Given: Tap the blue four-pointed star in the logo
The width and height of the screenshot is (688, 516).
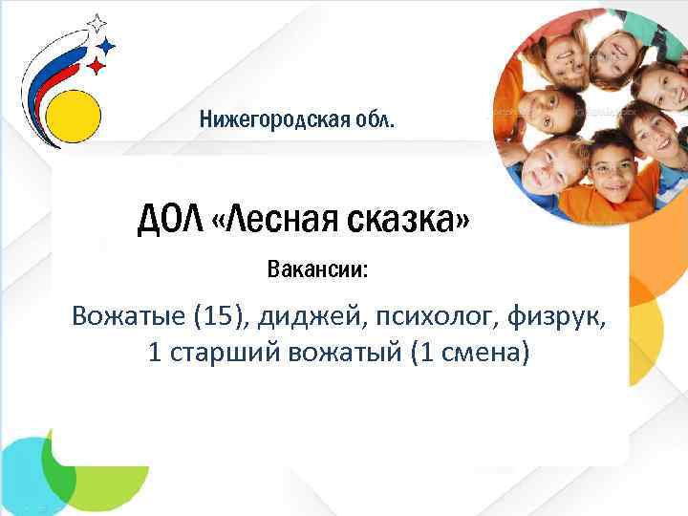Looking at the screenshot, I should pos(107,44).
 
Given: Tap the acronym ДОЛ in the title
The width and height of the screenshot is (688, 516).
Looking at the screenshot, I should pos(171,221).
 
